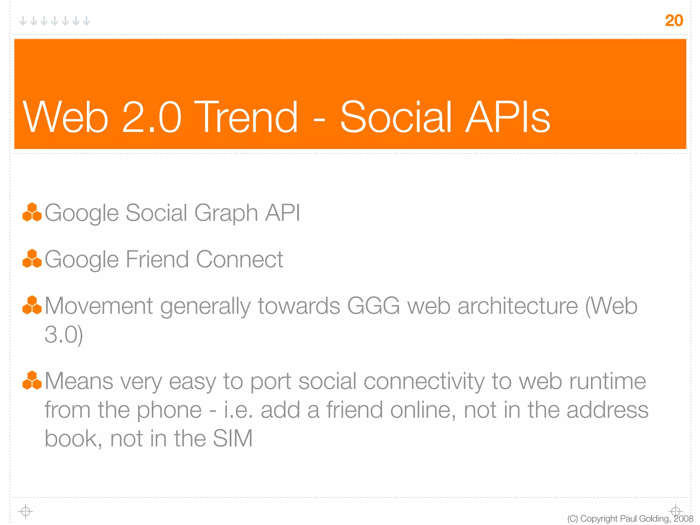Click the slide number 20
point(674,21)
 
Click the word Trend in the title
point(248,117)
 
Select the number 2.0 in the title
point(151,117)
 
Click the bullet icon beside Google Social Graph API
point(32,212)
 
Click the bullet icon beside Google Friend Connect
point(32,259)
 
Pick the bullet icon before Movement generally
point(32,305)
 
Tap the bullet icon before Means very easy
point(32,380)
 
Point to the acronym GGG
point(373,305)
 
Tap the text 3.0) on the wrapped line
point(64,335)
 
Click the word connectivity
point(424,381)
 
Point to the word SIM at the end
point(232,438)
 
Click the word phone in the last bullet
point(169,410)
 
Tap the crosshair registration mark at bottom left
point(25,511)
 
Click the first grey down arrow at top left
point(23,21)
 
